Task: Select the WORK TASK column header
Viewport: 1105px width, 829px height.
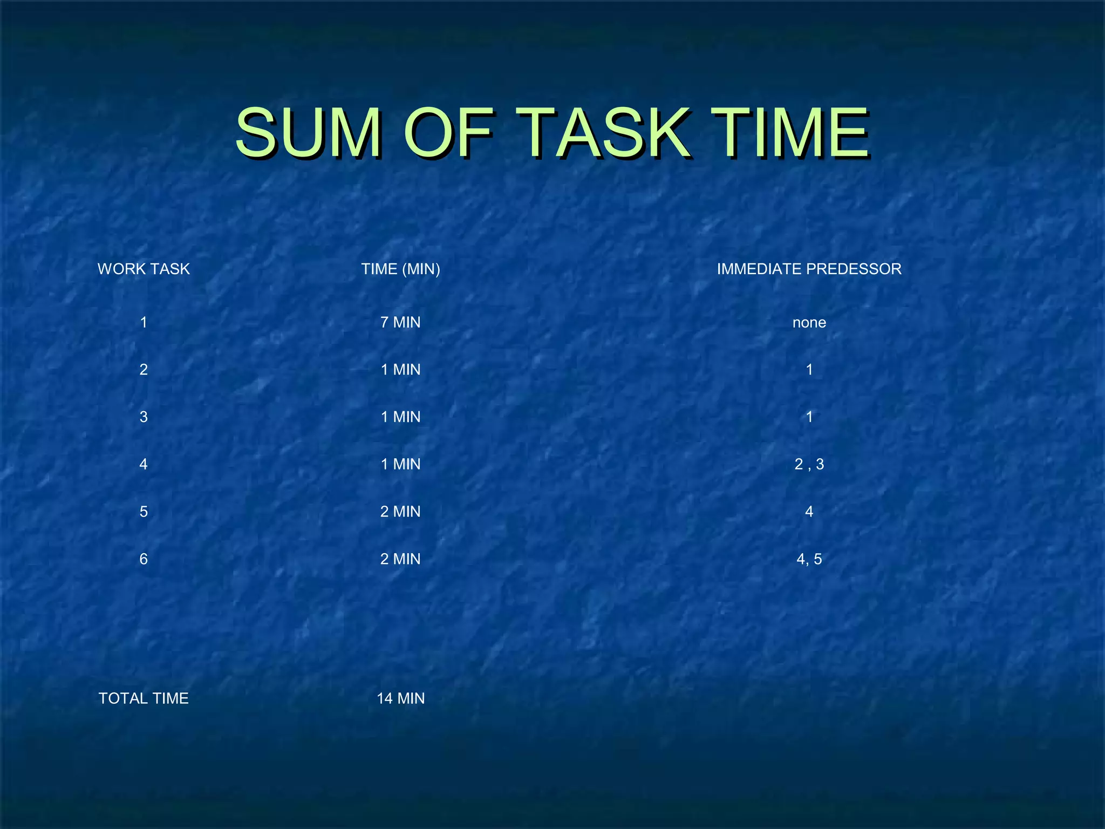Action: (x=144, y=269)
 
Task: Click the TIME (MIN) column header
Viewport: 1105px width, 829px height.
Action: (x=400, y=269)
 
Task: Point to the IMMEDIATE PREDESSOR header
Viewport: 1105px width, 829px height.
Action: (x=809, y=269)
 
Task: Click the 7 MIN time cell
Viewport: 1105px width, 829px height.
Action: (x=400, y=322)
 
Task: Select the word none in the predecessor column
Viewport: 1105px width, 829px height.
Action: (x=809, y=323)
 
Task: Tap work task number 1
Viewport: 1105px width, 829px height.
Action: (x=144, y=322)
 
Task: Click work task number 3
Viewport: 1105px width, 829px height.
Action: (x=144, y=417)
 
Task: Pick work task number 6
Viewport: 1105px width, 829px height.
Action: (x=144, y=559)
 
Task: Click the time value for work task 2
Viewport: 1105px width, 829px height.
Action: (x=400, y=370)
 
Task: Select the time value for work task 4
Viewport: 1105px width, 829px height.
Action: (x=400, y=464)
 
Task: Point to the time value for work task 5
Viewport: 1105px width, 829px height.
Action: (x=400, y=512)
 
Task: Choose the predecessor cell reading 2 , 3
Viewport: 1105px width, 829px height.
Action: (x=809, y=464)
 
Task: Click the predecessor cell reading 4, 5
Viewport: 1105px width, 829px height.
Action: (x=809, y=559)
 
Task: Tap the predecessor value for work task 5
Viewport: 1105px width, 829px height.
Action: (x=809, y=512)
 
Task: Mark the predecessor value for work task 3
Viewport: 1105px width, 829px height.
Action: (x=809, y=417)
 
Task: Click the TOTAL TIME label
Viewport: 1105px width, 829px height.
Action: (x=144, y=698)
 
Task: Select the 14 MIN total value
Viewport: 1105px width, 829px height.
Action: (x=400, y=698)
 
